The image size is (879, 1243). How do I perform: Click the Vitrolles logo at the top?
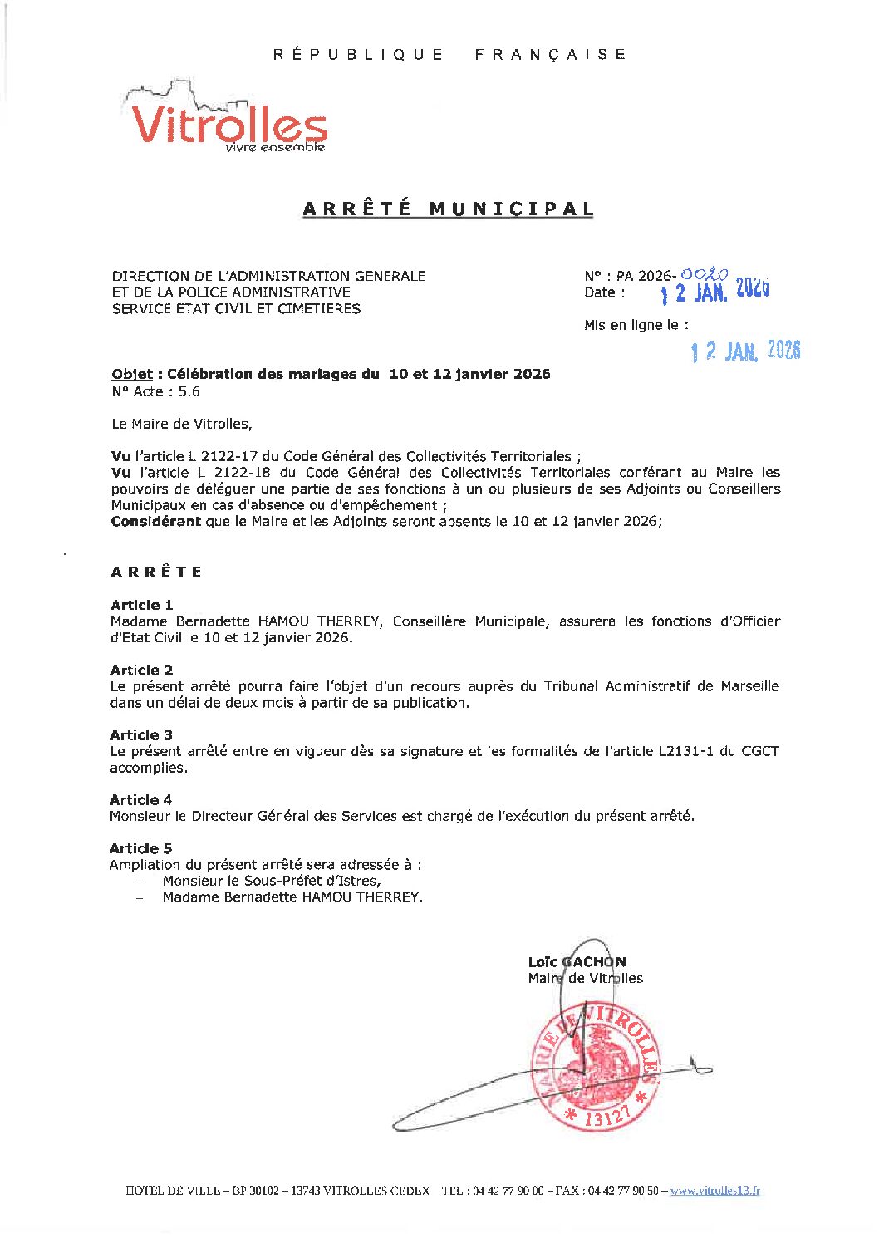227,119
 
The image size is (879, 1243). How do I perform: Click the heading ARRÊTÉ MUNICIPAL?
448,209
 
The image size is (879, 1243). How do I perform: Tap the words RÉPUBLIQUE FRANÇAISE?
449,55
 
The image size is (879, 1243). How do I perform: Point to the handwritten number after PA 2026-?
704,274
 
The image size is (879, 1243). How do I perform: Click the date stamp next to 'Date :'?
714,291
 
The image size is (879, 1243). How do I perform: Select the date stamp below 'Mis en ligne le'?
745,351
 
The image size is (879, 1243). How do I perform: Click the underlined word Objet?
132,374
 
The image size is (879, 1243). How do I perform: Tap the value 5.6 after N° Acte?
189,391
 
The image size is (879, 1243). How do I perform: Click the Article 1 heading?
141,605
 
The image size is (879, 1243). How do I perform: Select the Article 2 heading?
141,670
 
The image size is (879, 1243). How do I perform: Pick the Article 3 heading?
141,734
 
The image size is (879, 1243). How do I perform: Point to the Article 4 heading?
140,799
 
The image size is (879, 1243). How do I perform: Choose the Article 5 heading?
140,848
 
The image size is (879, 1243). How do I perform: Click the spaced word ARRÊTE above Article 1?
156,572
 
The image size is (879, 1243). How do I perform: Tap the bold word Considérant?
156,522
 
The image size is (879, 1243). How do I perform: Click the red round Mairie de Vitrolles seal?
597,1068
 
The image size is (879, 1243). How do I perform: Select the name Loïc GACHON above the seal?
577,962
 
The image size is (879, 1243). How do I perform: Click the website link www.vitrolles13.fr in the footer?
714,1191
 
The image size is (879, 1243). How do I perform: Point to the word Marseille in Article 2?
749,686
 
